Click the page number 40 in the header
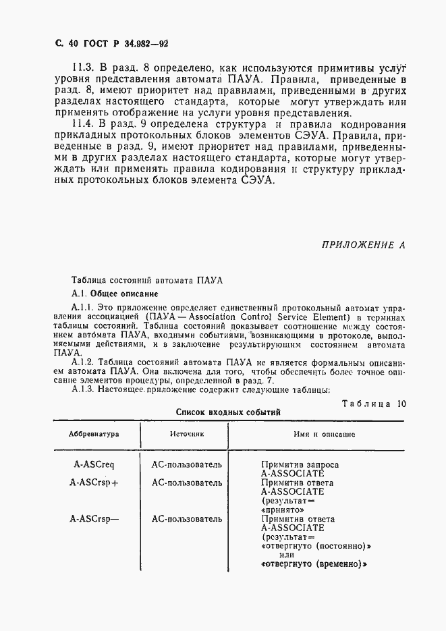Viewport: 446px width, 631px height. (x=65, y=44)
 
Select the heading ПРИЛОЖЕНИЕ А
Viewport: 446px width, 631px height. (x=362, y=245)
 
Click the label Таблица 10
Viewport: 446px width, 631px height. (x=373, y=404)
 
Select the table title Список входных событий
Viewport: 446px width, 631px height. (x=228, y=412)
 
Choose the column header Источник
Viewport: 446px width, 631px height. (x=187, y=435)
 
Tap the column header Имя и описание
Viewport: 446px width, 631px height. (x=324, y=435)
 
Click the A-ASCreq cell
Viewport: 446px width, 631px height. (x=94, y=465)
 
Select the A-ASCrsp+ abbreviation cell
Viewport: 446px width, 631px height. (x=94, y=483)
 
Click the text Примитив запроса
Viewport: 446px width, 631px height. (x=300, y=465)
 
